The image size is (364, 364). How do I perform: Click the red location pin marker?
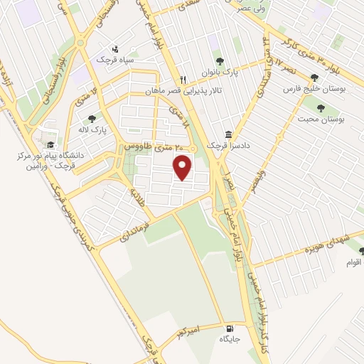183,168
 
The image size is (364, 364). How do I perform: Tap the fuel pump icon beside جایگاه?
228,329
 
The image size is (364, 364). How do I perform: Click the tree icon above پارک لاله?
90,119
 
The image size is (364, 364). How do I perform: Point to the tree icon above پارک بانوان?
219,62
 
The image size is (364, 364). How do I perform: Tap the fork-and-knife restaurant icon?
183,80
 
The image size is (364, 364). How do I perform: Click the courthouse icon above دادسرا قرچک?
228,134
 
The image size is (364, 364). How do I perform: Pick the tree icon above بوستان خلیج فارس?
314,77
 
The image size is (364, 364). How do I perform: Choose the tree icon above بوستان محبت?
320,109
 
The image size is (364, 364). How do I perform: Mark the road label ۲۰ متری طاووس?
151,145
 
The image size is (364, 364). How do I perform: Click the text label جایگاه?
228,340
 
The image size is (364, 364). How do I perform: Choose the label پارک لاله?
91,131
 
